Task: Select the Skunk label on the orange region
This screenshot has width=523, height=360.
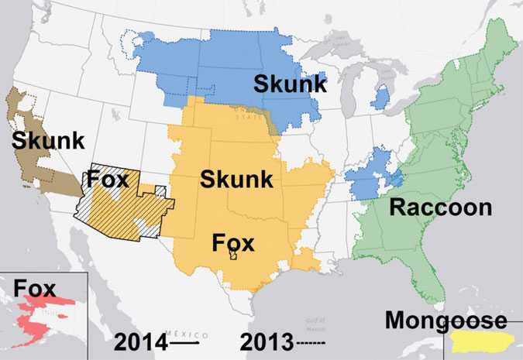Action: (236, 180)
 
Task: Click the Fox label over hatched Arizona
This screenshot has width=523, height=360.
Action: (108, 180)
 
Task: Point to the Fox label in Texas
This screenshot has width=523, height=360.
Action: (233, 243)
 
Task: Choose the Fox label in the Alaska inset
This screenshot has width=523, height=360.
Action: (34, 290)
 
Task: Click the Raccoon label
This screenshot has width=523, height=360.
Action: (440, 207)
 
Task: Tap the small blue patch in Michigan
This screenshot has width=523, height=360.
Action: (380, 98)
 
